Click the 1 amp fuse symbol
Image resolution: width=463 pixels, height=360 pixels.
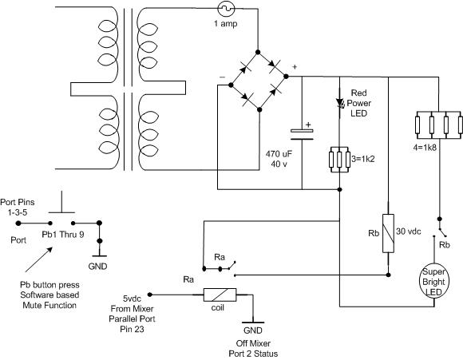point(226,9)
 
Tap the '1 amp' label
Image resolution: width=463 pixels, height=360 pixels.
point(226,24)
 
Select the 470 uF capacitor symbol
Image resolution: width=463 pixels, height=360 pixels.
point(302,134)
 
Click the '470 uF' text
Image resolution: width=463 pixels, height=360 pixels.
point(279,154)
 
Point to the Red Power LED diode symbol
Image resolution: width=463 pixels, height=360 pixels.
point(340,102)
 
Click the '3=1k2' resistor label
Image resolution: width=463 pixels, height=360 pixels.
point(363,159)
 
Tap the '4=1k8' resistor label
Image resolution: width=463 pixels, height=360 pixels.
point(425,148)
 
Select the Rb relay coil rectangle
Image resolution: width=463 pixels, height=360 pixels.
point(388,233)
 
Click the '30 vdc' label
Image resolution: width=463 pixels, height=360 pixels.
point(409,231)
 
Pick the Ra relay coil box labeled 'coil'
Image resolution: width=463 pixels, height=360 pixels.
point(220,295)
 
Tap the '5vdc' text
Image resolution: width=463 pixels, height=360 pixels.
point(132,299)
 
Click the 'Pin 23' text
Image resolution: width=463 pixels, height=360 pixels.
point(132,329)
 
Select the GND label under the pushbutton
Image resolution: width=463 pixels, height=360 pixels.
point(97,267)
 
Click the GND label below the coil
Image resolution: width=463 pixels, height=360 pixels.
point(253,330)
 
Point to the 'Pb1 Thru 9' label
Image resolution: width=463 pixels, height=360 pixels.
point(63,235)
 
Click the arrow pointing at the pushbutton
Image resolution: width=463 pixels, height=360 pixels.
point(39,259)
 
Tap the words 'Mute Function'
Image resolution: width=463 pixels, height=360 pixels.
point(49,305)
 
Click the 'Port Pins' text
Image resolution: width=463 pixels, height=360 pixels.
point(18,202)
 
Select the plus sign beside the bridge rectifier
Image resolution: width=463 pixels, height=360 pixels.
point(295,67)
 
